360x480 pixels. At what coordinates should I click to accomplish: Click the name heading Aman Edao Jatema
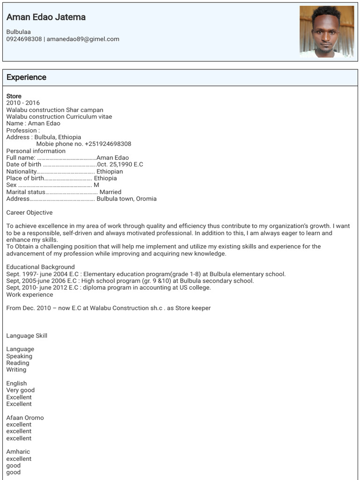point(46,17)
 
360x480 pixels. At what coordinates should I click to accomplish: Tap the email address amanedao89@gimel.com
point(83,39)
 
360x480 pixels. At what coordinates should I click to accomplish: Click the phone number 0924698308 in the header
point(24,39)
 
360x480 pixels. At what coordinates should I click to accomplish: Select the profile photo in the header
point(326,31)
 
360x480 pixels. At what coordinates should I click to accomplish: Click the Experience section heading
point(26,77)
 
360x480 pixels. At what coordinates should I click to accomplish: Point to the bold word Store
point(14,96)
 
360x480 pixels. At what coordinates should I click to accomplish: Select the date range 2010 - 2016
point(23,103)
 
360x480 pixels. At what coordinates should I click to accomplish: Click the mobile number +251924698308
point(108,144)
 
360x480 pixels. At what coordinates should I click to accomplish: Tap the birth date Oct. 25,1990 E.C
point(120,165)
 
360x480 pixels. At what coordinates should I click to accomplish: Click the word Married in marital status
point(110,192)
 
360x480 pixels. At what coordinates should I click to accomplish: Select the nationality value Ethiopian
point(110,172)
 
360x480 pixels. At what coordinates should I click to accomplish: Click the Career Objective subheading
point(30,213)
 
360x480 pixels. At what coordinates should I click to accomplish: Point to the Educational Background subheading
point(40,267)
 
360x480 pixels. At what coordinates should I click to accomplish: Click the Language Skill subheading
point(27,336)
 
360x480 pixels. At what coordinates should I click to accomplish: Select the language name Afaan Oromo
point(25,418)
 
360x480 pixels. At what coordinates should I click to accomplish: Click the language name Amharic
point(18,452)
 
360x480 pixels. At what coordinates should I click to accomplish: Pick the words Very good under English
point(20,390)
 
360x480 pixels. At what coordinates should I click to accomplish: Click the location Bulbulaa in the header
point(18,32)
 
